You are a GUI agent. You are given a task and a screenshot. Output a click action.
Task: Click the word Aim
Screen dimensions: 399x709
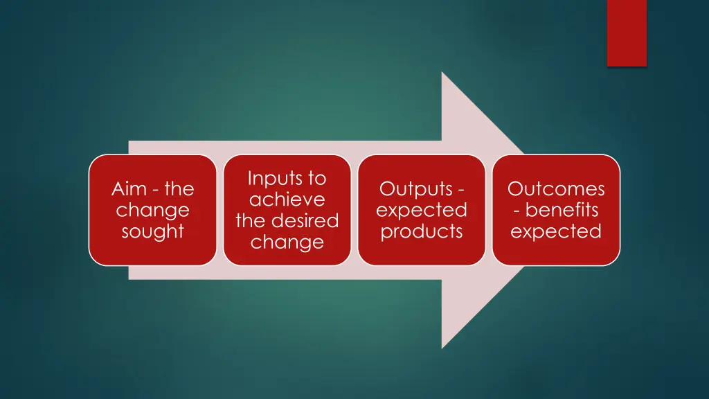pyautogui.click(x=128, y=189)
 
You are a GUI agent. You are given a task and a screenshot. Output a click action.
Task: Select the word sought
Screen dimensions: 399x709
pyautogui.click(x=152, y=231)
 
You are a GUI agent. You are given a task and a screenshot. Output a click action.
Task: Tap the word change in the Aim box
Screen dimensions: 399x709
pyautogui.click(x=152, y=210)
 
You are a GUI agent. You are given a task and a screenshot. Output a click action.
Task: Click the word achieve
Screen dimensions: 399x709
pyautogui.click(x=287, y=199)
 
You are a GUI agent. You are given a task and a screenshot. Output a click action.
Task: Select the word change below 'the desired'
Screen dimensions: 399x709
pyautogui.click(x=287, y=242)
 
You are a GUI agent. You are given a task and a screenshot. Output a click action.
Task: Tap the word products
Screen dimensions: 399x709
pyautogui.click(x=421, y=231)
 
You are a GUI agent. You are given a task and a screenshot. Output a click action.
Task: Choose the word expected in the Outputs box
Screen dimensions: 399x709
pyautogui.click(x=421, y=210)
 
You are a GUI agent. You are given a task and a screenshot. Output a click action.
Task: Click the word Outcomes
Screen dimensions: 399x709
pyautogui.click(x=556, y=189)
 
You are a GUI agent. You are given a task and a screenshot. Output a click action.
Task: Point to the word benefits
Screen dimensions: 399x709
pyautogui.click(x=562, y=210)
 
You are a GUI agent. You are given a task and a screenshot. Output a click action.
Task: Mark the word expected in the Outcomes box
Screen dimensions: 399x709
pyautogui.click(x=556, y=231)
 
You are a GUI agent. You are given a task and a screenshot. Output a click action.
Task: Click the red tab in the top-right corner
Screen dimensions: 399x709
pyautogui.click(x=627, y=33)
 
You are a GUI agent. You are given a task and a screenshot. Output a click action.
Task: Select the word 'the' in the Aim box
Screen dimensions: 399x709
pyautogui.click(x=179, y=189)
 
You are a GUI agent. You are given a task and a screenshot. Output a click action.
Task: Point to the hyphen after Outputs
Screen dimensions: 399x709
pyautogui.click(x=460, y=190)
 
